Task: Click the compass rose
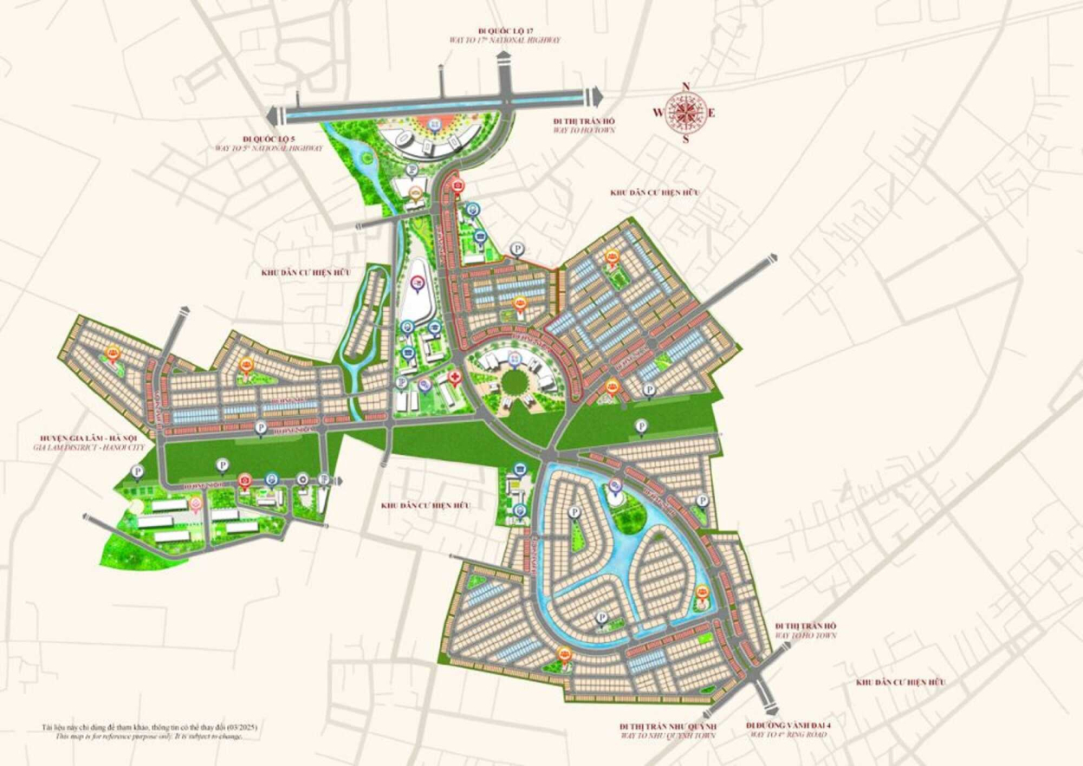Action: click(x=686, y=113)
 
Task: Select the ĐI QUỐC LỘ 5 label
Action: click(x=269, y=139)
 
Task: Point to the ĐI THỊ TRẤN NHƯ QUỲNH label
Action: click(x=667, y=724)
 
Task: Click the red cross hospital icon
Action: click(x=453, y=378)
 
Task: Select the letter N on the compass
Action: click(x=686, y=87)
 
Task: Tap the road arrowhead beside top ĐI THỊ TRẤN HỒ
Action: click(x=595, y=95)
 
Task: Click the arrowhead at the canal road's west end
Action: click(x=272, y=115)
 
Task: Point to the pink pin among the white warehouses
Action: click(x=197, y=503)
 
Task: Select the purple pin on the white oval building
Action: click(x=418, y=282)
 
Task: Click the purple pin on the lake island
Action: click(x=615, y=484)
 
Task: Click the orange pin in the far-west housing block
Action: click(x=112, y=352)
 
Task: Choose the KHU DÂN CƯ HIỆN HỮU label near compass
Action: click(x=654, y=192)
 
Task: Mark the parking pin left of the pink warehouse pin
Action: click(x=138, y=471)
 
